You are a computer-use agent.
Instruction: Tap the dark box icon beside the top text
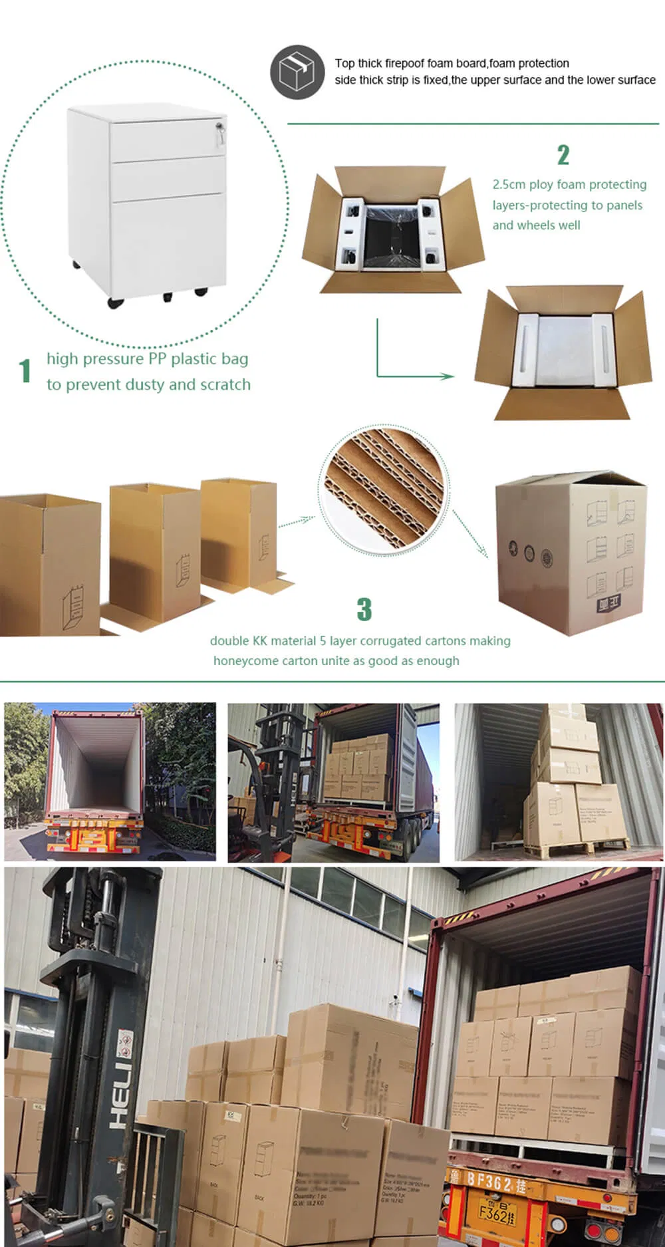[297, 72]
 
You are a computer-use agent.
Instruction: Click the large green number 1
[25, 371]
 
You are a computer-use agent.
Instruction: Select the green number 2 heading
[563, 155]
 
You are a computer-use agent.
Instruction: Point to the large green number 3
[364, 609]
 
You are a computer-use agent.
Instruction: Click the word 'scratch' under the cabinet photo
[225, 384]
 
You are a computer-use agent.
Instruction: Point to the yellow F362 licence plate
[497, 1214]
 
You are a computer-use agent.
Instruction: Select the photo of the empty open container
[110, 781]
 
